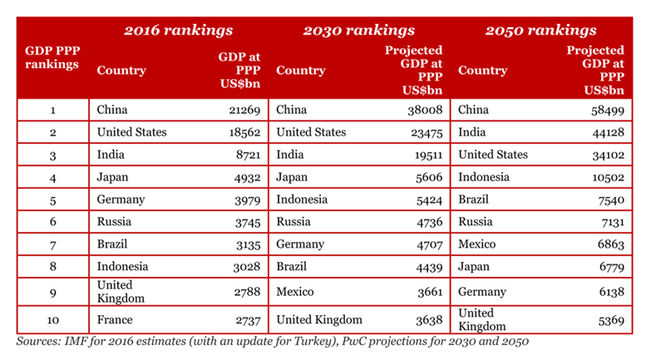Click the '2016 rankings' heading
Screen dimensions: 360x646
point(178,31)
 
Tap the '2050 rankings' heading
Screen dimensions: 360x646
point(540,31)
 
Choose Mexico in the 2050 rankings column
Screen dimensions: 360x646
point(476,244)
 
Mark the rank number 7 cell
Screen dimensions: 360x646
point(52,244)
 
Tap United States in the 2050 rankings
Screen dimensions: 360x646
point(493,155)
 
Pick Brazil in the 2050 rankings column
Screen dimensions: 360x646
point(474,200)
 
